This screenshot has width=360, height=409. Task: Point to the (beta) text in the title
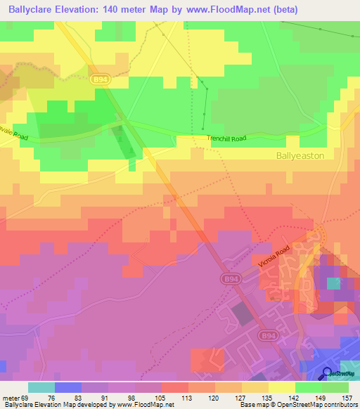click(x=279, y=10)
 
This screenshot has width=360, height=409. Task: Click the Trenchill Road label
click(x=226, y=139)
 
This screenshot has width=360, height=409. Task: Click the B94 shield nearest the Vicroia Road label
click(x=230, y=279)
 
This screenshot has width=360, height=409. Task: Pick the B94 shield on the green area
click(x=100, y=80)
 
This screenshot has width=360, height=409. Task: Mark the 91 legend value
click(x=108, y=397)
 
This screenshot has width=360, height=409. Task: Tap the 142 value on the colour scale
click(x=295, y=397)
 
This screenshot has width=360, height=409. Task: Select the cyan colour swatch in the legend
click(x=41, y=387)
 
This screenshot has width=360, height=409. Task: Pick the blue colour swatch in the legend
click(x=68, y=387)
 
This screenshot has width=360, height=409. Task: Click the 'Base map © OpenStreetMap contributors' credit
click(x=298, y=405)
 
